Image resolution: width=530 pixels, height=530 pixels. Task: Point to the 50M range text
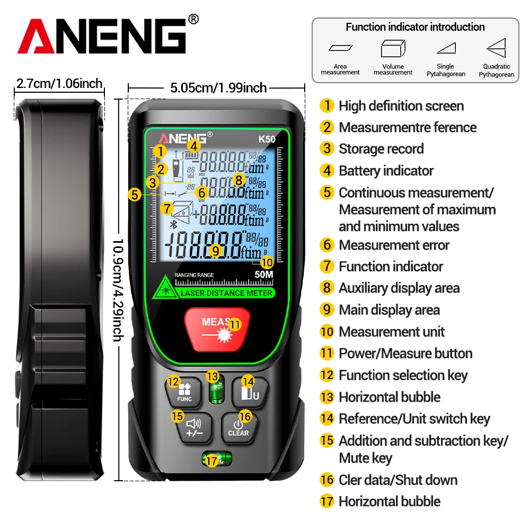coord(263,275)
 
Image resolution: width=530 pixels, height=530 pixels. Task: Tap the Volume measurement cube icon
coord(393,49)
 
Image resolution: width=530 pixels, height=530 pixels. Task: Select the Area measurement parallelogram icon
coord(340,48)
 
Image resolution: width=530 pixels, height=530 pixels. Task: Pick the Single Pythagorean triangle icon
coord(446,48)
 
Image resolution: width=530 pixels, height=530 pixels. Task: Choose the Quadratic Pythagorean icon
coord(497,48)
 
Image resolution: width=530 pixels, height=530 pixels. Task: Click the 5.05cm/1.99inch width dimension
coord(218,88)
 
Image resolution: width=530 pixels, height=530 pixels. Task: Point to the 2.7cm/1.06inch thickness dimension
coord(59,84)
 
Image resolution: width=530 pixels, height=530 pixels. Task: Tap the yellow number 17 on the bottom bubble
coord(211,461)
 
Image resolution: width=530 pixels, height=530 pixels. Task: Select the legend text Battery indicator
coord(386,171)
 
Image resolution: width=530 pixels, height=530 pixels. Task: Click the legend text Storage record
coord(381,149)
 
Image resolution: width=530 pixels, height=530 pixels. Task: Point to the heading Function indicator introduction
coord(415,27)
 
